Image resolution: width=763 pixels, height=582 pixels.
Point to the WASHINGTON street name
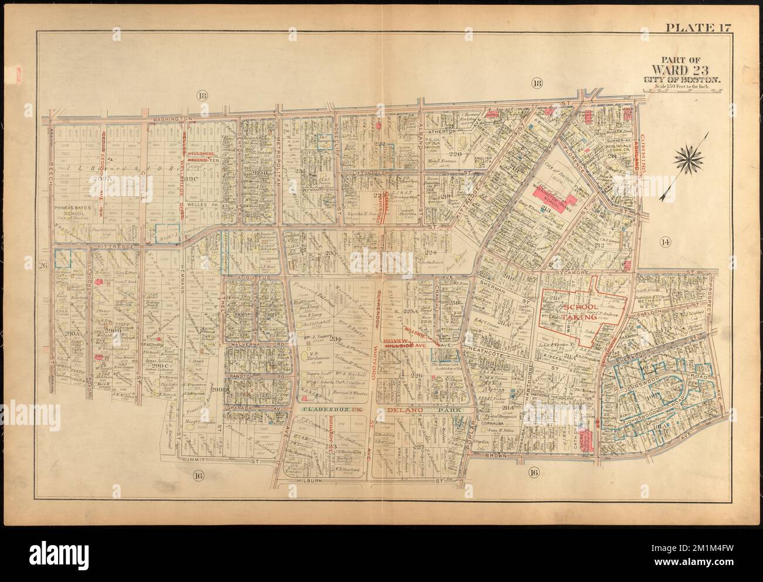[173, 118]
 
